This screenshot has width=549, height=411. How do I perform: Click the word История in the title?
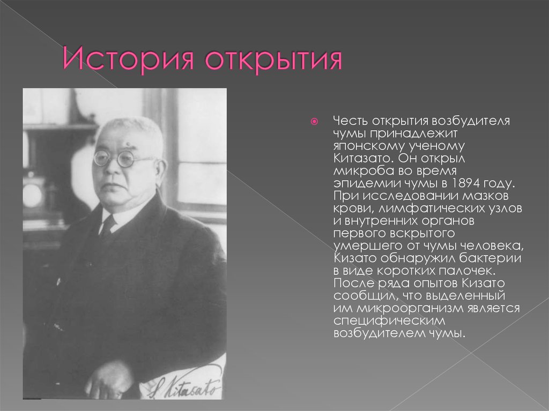pos(129,60)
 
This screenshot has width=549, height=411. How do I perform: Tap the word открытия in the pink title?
pos(274,60)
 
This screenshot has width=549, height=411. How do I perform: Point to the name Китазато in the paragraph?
pos(358,158)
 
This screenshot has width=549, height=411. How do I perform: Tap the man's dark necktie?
pos(108,225)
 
